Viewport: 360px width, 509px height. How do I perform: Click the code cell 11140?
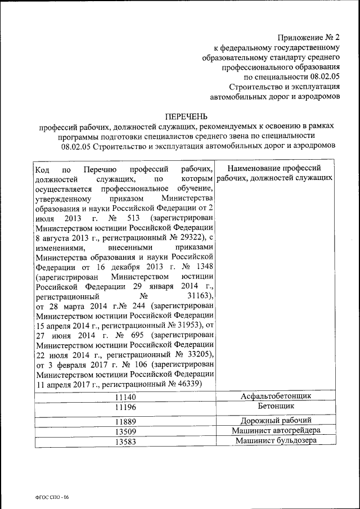[125, 398]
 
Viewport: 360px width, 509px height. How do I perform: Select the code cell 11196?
[125, 408]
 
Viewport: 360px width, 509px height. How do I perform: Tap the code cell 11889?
[125, 422]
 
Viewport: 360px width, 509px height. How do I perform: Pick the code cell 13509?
[125, 432]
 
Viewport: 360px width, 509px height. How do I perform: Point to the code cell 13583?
[125, 442]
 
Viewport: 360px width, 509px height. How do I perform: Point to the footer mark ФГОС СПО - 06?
[51, 497]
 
